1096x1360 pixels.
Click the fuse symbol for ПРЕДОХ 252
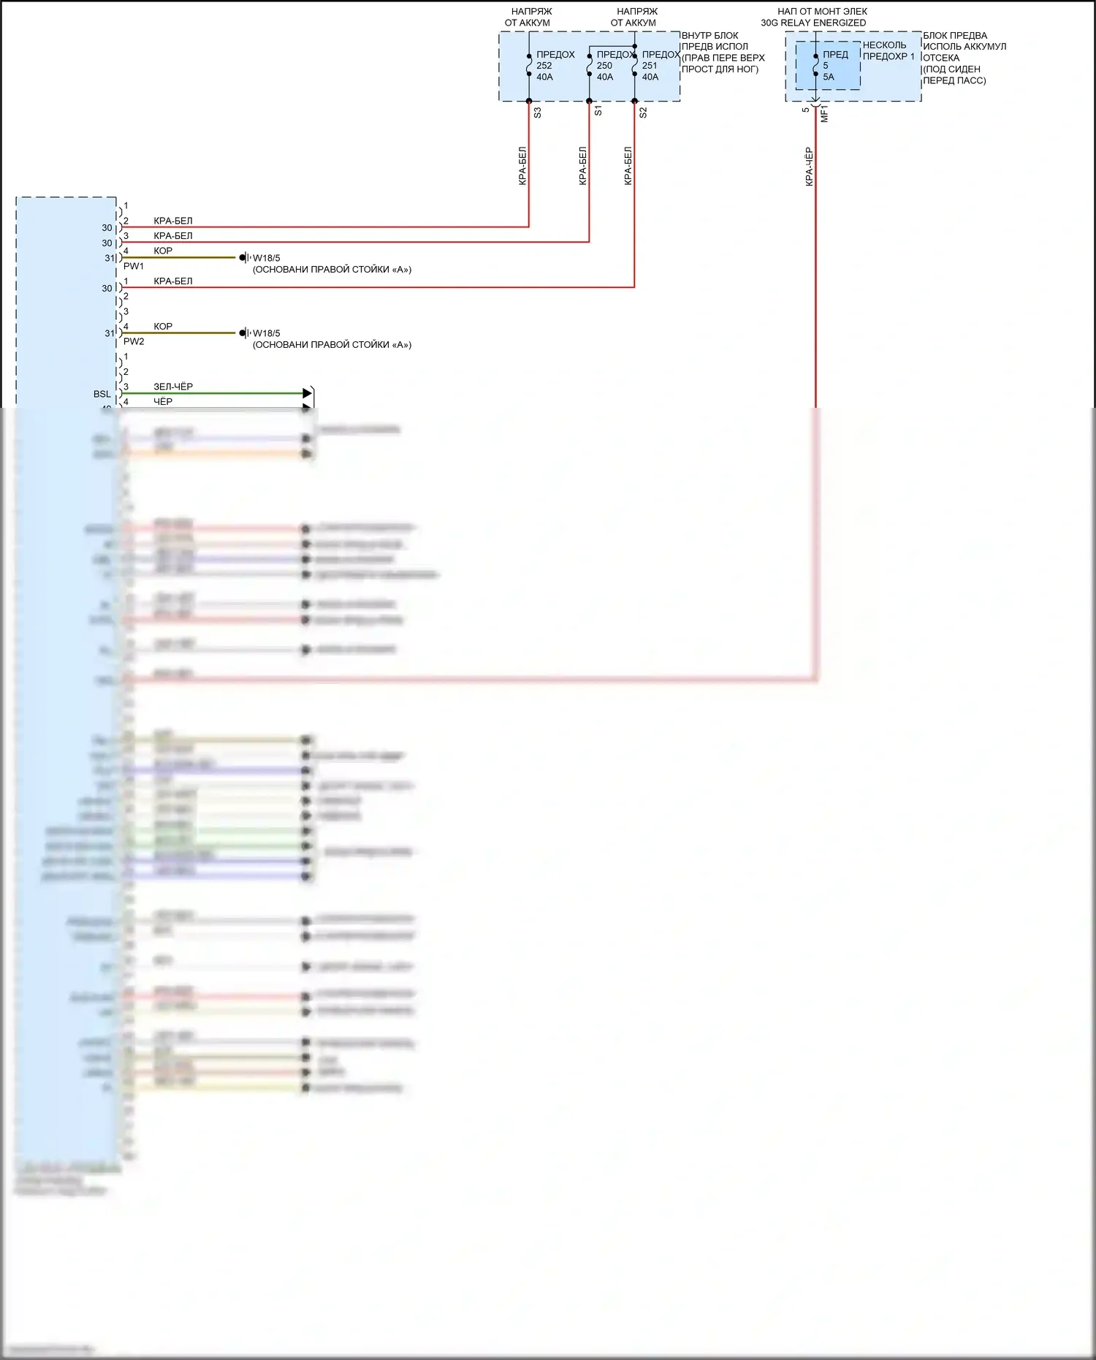[529, 65]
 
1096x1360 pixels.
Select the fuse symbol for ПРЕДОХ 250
[590, 65]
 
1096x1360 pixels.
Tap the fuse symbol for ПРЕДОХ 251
[634, 65]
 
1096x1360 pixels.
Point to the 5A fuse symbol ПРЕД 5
[815, 65]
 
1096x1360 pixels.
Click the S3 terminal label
[538, 113]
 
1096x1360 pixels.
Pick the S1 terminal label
[598, 111]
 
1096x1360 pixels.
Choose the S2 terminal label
[643, 113]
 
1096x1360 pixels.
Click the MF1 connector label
[824, 113]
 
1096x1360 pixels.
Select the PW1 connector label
[134, 266]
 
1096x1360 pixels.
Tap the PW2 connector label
[134, 341]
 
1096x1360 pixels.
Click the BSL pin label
[102, 394]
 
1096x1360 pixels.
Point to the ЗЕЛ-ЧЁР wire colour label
[173, 387]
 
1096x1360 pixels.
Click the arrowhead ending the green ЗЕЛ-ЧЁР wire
[308, 394]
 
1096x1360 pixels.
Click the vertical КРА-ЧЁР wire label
[809, 167]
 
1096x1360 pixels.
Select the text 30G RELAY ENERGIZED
[813, 23]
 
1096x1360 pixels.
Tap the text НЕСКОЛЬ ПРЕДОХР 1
[888, 50]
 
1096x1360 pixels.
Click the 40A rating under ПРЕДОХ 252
[544, 77]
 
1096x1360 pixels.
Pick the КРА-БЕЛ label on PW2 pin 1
[173, 281]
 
